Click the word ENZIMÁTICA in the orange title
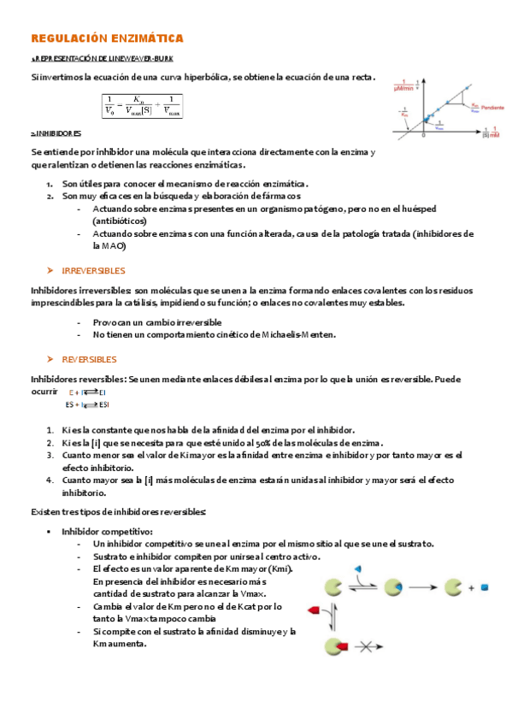(148, 39)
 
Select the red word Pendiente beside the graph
(491, 108)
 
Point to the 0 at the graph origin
(422, 135)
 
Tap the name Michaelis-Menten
(298, 334)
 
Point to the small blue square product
(484, 587)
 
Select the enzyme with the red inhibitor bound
(334, 646)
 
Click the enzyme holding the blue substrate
(393, 587)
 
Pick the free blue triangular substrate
(359, 568)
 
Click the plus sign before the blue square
(471, 588)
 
